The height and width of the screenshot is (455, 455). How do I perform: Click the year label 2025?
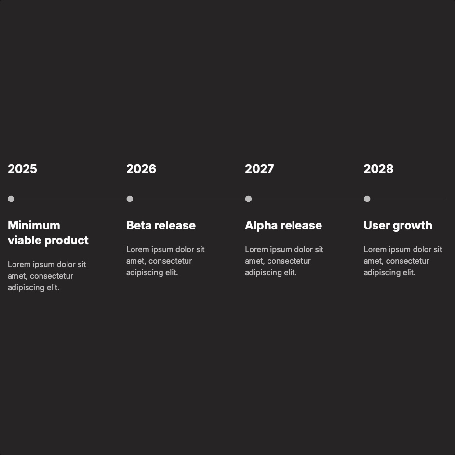(22, 169)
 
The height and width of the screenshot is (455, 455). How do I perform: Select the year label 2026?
(141, 169)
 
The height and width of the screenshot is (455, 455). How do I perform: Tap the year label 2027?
(259, 169)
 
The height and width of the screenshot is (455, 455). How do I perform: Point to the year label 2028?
(378, 169)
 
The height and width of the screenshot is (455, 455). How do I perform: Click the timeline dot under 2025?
(11, 199)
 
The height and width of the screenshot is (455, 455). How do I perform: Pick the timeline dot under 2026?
(130, 199)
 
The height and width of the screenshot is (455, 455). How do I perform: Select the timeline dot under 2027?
(248, 199)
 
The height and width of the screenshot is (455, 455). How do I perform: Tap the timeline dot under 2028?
(367, 199)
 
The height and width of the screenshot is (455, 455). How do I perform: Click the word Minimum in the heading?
(34, 225)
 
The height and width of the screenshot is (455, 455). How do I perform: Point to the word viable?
(23, 240)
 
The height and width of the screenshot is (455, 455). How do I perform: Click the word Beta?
(138, 225)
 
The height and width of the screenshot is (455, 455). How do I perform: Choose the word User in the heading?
(376, 225)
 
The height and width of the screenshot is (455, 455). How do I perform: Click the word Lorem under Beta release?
(137, 249)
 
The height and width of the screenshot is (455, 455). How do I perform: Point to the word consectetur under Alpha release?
(289, 261)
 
